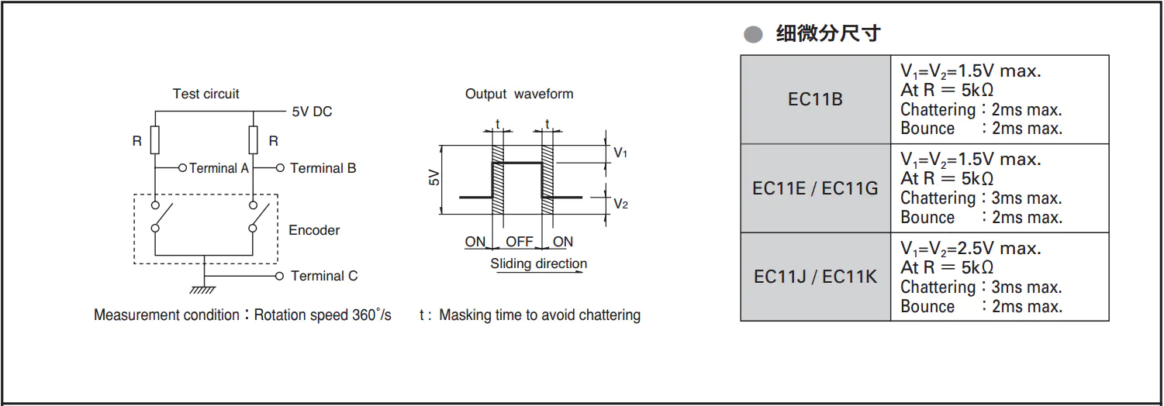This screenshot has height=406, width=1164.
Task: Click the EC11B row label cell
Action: pos(815,99)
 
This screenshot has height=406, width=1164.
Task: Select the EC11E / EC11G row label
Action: pos(815,188)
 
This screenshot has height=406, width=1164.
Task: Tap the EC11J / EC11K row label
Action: pos(815,277)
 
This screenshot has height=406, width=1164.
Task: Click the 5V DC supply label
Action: pos(312,112)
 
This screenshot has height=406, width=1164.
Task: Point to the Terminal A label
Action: pos(219,168)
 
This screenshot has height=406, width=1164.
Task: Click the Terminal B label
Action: pos(323,168)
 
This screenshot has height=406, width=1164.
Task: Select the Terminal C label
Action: pos(324,276)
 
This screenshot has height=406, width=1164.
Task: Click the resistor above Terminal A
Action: pos(155,141)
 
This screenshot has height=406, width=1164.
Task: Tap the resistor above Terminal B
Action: pos(253,141)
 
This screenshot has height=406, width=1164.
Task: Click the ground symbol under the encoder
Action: pos(203,289)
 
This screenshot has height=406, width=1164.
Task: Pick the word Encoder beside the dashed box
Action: pos(314,230)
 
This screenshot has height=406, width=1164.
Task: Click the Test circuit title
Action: pos(206,94)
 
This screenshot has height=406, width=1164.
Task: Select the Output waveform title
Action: pos(519,94)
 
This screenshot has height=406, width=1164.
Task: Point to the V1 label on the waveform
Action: pos(620,153)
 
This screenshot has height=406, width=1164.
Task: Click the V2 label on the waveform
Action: pos(620,204)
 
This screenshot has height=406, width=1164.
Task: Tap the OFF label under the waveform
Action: pos(520,242)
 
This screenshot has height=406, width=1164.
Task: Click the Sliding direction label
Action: pos(538,263)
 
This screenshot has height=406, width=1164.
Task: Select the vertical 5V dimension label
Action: pos(433,177)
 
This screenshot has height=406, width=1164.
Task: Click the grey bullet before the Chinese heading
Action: pos(753,34)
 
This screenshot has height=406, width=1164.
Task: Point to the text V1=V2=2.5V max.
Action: pos(970,249)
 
